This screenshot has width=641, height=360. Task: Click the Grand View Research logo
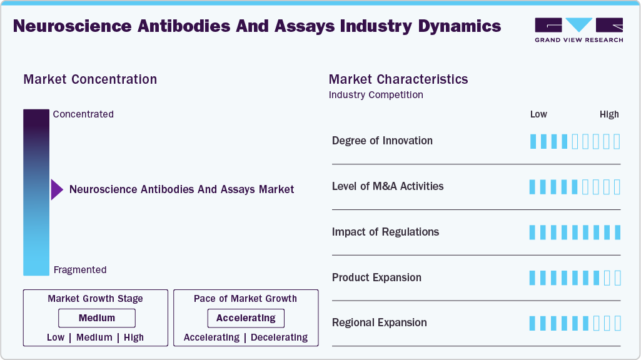click(x=578, y=29)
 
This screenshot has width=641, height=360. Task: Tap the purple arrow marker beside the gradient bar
click(x=57, y=189)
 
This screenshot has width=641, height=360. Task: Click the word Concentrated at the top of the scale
click(x=83, y=114)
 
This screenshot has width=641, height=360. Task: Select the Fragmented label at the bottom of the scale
click(x=80, y=270)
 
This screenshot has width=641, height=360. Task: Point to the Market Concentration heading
click(x=90, y=79)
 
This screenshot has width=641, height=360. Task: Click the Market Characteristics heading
click(x=398, y=79)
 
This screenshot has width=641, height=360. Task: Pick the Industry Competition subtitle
click(x=376, y=95)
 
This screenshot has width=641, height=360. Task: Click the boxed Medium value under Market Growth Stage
click(x=97, y=318)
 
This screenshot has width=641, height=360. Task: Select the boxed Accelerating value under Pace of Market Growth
click(x=246, y=318)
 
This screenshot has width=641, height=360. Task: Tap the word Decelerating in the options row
click(x=279, y=337)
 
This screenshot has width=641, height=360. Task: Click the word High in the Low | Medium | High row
click(x=133, y=337)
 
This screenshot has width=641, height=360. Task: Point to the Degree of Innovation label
click(x=382, y=141)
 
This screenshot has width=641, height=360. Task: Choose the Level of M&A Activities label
click(x=388, y=186)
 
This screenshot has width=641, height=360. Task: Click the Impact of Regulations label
click(x=385, y=232)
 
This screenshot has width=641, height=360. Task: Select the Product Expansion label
click(x=376, y=277)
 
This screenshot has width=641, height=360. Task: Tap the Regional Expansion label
click(x=380, y=322)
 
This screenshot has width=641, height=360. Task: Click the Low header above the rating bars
click(x=538, y=114)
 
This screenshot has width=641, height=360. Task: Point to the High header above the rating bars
click(x=609, y=114)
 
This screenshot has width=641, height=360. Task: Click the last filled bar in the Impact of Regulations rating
click(x=617, y=232)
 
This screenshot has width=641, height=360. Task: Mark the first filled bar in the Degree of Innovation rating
click(x=533, y=141)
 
